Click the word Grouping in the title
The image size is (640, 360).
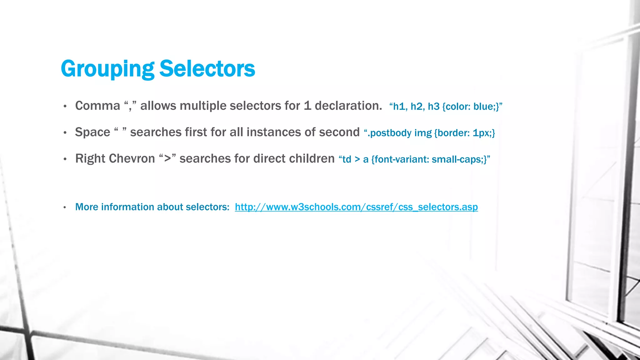pos(107,69)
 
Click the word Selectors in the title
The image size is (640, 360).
pos(207,69)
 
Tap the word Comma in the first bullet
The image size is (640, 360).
pos(97,106)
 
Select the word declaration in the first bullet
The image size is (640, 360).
pos(348,106)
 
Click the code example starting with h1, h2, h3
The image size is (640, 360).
pos(446,107)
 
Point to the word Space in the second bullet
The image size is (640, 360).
pos(92,132)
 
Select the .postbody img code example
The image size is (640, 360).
pos(429,133)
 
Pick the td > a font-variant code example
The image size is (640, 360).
pos(414,159)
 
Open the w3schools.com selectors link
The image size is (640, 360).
pos(356,207)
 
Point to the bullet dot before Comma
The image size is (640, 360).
pos(65,107)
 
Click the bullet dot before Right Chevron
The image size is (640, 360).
pos(65,159)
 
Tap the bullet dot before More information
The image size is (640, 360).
pos(65,207)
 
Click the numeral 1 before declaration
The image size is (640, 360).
pos(307,106)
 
